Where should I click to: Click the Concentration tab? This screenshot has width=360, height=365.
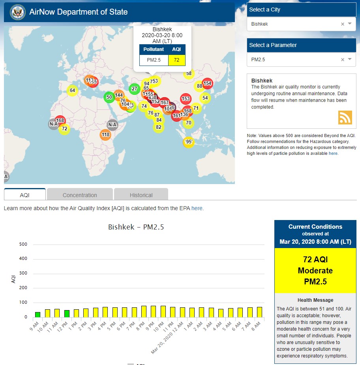(x=80, y=195)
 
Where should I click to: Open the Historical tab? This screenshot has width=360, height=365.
(x=141, y=195)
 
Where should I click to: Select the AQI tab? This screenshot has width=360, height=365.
(x=24, y=195)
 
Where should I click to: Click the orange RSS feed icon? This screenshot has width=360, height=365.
(x=345, y=118)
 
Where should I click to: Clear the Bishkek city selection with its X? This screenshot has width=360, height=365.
(x=343, y=24)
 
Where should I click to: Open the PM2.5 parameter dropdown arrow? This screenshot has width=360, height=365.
(x=350, y=60)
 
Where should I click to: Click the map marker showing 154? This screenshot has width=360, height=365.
(x=207, y=83)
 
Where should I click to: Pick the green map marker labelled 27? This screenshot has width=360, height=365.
(x=135, y=88)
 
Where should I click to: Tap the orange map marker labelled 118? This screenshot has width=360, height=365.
(x=105, y=135)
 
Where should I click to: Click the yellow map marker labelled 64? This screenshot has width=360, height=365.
(x=72, y=90)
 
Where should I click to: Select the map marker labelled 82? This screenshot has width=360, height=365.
(x=159, y=127)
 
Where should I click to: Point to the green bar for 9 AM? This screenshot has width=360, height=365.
(x=37, y=314)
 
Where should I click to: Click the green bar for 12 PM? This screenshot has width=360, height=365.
(x=67, y=314)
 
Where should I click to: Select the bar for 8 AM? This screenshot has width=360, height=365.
(x=259, y=312)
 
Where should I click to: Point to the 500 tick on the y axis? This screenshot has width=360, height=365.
(x=23, y=244)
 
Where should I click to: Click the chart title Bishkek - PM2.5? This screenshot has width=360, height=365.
(x=136, y=227)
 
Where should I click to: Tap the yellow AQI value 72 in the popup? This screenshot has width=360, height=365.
(x=176, y=60)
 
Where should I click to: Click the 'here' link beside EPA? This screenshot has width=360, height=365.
(x=197, y=208)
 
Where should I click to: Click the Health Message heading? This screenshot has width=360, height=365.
(x=315, y=300)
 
